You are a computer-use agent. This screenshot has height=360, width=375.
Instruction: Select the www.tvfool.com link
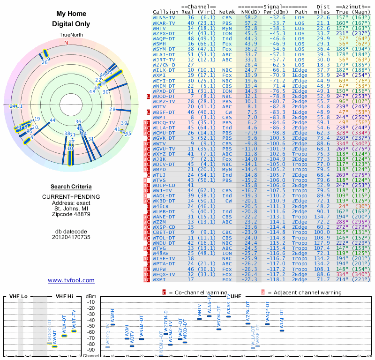pyautogui.click(x=71, y=280)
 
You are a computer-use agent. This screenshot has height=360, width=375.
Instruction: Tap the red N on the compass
pyautogui.click(x=66, y=43)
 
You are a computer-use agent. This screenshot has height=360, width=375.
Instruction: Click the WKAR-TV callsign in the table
pyautogui.click(x=165, y=22)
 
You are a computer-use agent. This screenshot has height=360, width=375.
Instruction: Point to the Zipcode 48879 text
pyautogui.click(x=71, y=214)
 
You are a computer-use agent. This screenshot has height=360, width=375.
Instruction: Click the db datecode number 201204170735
pyautogui.click(x=71, y=237)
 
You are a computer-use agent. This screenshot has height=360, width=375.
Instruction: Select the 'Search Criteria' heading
pyautogui.click(x=71, y=187)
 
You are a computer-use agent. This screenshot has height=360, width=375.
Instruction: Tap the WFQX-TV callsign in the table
pyautogui.click(x=165, y=274)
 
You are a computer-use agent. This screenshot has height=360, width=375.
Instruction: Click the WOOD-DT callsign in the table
pyautogui.click(x=165, y=96)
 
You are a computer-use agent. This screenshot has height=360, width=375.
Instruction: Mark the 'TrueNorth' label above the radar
pyautogui.click(x=71, y=35)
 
